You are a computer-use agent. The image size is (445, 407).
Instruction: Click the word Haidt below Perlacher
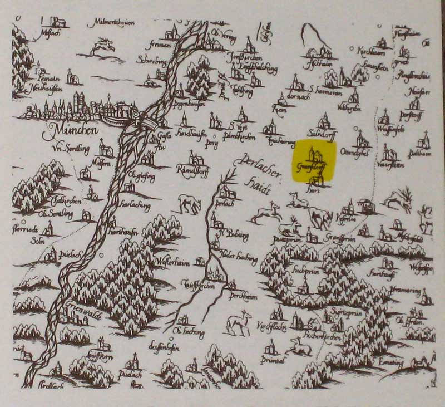click(x=260, y=189)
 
